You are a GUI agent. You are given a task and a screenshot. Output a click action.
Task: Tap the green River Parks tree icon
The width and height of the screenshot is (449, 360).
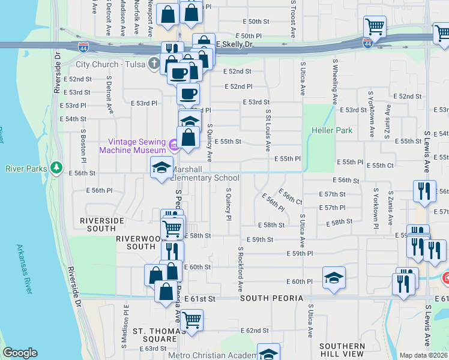click(x=57, y=168)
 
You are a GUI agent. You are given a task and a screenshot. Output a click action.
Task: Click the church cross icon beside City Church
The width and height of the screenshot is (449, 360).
click(x=155, y=63)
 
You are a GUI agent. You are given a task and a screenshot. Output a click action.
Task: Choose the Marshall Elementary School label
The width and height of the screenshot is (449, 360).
click(x=206, y=174)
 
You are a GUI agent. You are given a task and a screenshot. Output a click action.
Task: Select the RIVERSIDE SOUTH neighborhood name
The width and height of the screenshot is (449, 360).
click(x=98, y=224)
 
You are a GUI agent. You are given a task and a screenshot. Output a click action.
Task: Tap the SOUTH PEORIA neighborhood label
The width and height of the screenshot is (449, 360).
click(x=273, y=298)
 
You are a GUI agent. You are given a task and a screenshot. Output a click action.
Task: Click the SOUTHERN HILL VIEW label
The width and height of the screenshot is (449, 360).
click(x=342, y=350)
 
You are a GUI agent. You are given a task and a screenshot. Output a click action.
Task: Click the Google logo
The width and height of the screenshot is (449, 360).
click(x=20, y=353)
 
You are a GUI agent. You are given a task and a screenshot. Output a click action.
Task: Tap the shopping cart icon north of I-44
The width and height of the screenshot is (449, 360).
click(x=375, y=27)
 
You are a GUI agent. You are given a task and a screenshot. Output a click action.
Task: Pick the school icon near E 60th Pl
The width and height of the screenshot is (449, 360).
click(x=334, y=278)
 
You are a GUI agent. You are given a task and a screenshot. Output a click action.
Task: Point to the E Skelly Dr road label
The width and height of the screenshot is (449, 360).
click(x=236, y=44)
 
